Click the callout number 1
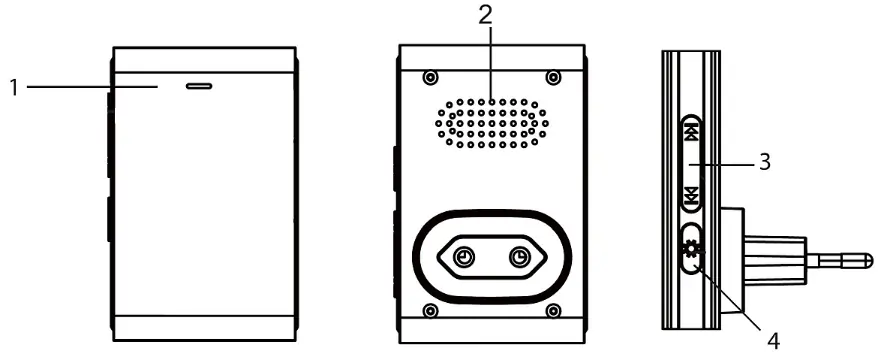[x=15, y=87]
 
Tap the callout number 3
[x=764, y=162]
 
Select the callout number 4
[x=773, y=341]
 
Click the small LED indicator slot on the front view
[x=199, y=87]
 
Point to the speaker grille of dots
[x=492, y=124]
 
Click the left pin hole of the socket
[x=464, y=257]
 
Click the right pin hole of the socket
[x=520, y=257]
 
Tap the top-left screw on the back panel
[x=429, y=77]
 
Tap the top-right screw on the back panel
[x=553, y=77]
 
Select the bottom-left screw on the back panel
[x=429, y=310]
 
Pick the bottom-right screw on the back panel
[x=553, y=310]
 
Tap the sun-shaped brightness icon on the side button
[x=692, y=250]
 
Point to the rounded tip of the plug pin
[x=868, y=260]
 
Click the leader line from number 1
[x=92, y=87]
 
